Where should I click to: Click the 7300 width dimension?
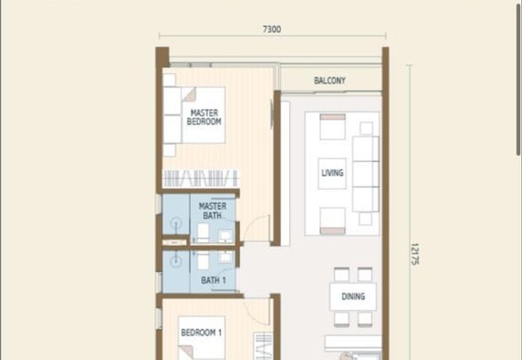[x=272, y=29]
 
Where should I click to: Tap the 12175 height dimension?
[x=414, y=254]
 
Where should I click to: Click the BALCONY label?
[x=330, y=80]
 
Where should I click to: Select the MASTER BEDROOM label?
[x=204, y=117]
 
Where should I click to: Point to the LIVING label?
[x=332, y=173]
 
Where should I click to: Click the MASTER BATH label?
[x=213, y=211]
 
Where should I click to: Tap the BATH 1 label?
[x=213, y=280]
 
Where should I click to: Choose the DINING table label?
[x=353, y=297]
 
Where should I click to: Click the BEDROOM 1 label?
[x=202, y=333]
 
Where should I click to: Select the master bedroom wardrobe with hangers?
[x=201, y=178]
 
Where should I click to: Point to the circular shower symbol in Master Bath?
[x=176, y=224]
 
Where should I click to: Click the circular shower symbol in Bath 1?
[x=176, y=261]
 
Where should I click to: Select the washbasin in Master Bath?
[x=226, y=236]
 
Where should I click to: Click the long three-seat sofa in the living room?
[x=365, y=174]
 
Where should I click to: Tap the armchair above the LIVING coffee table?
[x=333, y=127]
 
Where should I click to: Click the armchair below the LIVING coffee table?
[x=333, y=221]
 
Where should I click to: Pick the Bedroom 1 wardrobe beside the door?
[x=264, y=346]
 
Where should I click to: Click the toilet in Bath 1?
[x=203, y=260]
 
